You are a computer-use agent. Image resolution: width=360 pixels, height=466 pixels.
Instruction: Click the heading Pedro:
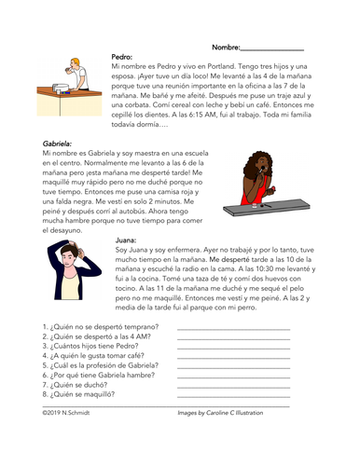click(122, 57)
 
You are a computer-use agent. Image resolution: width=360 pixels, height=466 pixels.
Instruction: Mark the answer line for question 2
click(232, 339)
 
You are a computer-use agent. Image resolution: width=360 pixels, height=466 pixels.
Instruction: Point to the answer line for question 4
click(232, 359)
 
